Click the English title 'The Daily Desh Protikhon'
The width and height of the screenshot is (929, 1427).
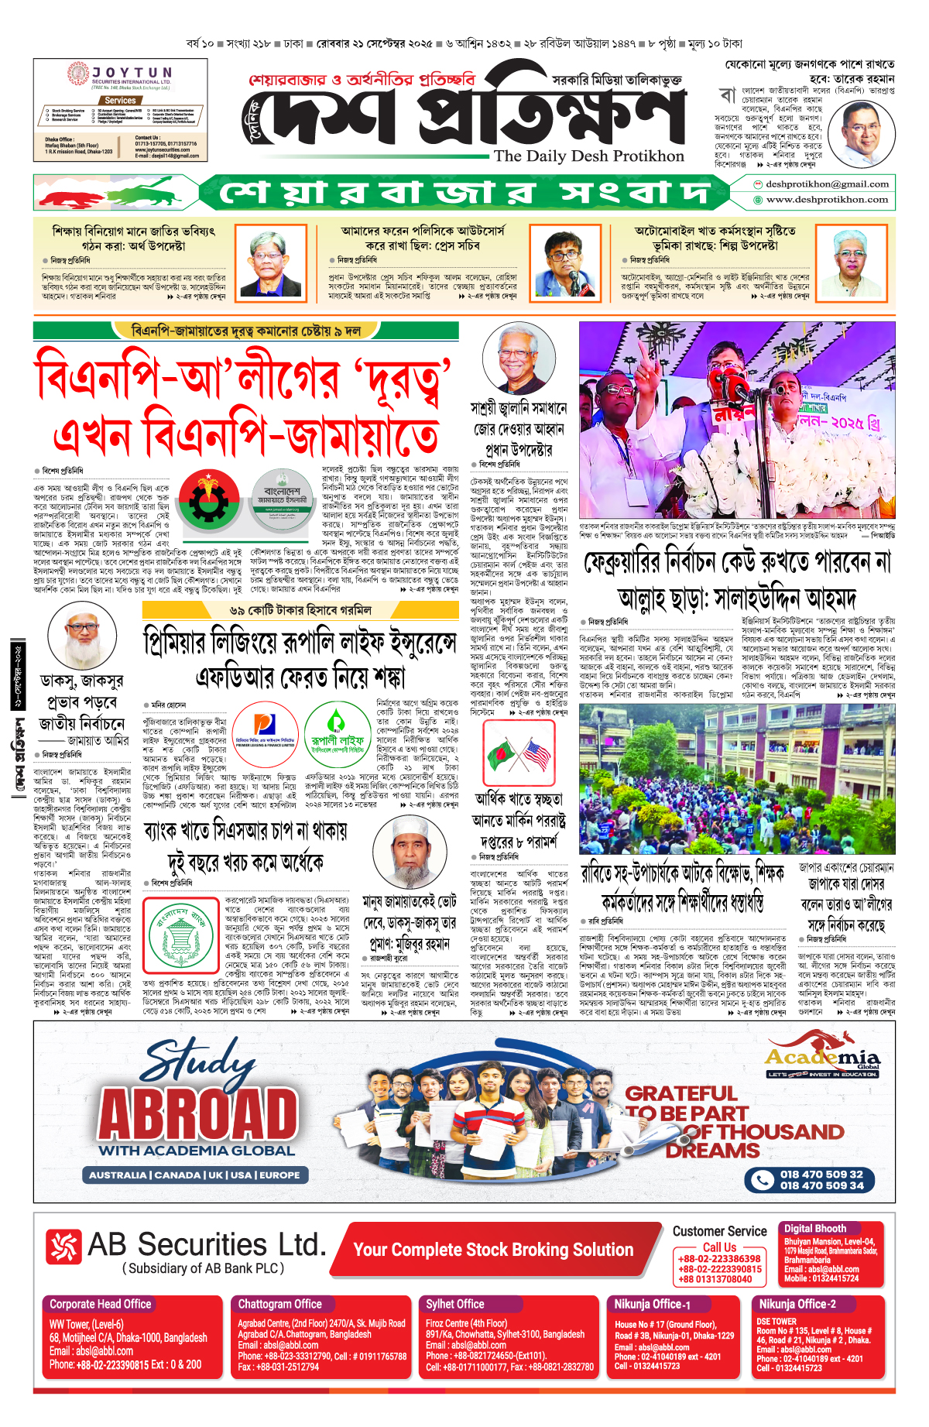click(588, 156)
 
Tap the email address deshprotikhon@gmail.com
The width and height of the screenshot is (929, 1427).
click(827, 184)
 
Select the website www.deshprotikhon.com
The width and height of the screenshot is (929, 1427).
click(827, 199)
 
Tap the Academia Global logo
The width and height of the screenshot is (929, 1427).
click(822, 1059)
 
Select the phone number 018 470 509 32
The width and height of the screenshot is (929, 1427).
click(821, 1174)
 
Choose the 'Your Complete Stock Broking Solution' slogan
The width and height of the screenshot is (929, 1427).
click(493, 1249)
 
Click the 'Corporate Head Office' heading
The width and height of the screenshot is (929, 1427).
click(101, 1304)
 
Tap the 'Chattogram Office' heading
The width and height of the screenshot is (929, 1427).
click(279, 1304)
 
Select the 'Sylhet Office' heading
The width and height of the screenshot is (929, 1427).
click(454, 1304)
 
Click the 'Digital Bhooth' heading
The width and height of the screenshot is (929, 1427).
click(814, 1228)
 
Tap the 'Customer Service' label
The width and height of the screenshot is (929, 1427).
click(719, 1231)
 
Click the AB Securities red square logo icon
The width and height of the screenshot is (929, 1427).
click(63, 1247)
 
